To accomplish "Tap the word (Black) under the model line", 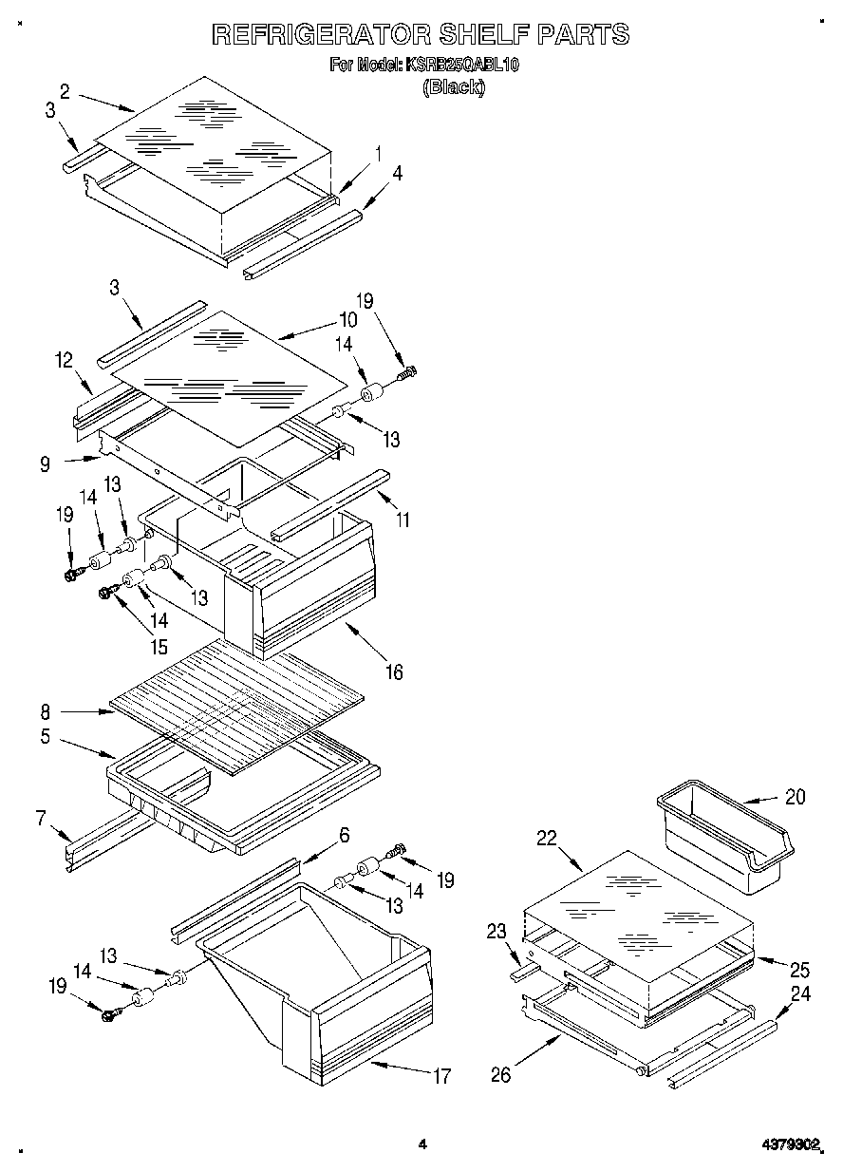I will pyautogui.click(x=453, y=87).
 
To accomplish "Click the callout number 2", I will pyautogui.click(x=65, y=91).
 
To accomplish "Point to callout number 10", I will pyautogui.click(x=347, y=320).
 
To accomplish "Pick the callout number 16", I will pyautogui.click(x=393, y=672).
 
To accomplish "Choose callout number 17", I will pyautogui.click(x=441, y=1076).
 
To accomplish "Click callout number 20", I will pyautogui.click(x=795, y=797).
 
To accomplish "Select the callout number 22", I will pyautogui.click(x=545, y=838).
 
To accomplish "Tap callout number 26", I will pyautogui.click(x=500, y=1074).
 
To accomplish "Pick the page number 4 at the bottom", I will pyautogui.click(x=422, y=1144).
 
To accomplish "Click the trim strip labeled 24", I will pyautogui.click(x=721, y=1052).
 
